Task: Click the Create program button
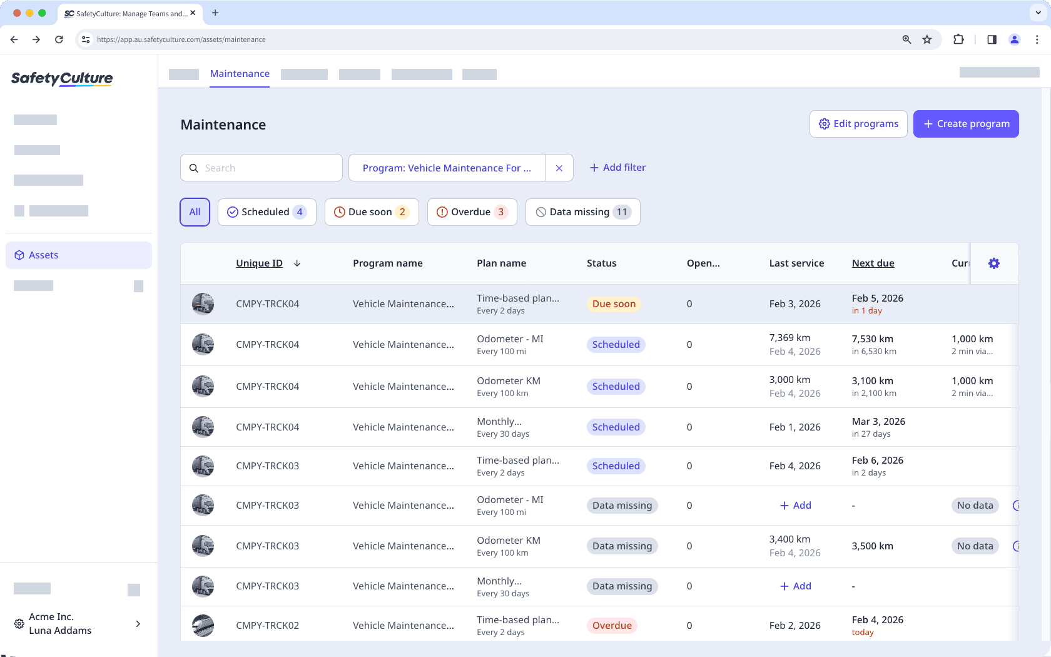966,124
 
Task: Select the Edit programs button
858,124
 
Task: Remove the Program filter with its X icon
559,168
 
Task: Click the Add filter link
617,168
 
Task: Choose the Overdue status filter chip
472,212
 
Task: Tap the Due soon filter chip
371,212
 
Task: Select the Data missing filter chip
582,212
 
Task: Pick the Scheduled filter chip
267,212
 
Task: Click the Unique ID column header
259,263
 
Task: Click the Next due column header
873,263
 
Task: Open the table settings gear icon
993,263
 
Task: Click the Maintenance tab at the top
240,74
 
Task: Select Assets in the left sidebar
44,255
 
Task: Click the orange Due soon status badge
614,304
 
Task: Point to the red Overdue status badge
612,626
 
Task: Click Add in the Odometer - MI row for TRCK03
795,506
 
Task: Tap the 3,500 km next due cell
872,546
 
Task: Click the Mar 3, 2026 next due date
878,422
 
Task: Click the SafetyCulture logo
62,78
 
